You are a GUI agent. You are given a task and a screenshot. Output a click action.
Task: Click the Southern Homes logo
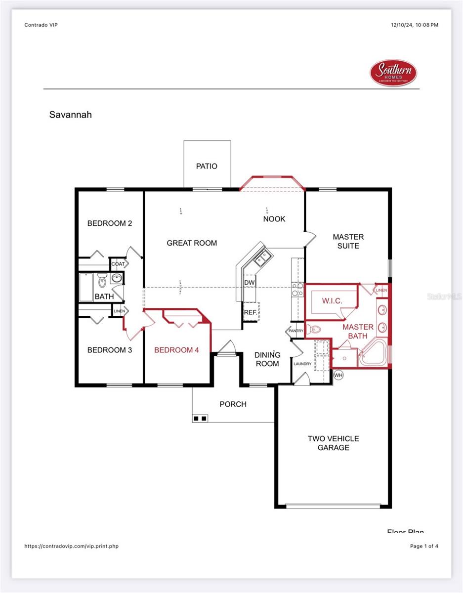point(393,73)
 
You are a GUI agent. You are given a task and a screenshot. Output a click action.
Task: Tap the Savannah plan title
point(71,115)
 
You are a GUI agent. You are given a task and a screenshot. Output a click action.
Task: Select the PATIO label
point(207,166)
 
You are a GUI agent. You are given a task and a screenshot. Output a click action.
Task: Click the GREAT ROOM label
point(192,243)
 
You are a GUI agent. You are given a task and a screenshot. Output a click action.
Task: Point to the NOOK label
point(274,219)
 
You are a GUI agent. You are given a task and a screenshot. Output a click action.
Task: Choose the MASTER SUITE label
point(348,241)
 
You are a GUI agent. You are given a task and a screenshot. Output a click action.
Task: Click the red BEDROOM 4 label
point(176,350)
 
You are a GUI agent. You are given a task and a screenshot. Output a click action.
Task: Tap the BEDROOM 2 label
point(110,223)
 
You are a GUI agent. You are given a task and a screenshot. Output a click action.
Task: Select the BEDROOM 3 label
point(110,350)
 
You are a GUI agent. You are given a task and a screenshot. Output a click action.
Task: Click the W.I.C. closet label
point(332,300)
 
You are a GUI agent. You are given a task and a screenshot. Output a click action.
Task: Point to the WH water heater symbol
point(338,375)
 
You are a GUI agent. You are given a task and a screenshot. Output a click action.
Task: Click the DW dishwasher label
point(250,282)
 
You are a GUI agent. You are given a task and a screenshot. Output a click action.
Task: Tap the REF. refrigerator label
point(250,312)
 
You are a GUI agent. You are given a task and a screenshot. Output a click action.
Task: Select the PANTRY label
point(296,331)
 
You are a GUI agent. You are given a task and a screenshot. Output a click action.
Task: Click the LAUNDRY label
point(302,364)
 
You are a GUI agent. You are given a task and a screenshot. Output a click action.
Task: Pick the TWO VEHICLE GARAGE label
point(333,443)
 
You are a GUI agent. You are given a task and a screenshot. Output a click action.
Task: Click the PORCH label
point(233,404)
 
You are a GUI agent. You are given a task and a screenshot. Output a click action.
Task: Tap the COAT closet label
point(118,264)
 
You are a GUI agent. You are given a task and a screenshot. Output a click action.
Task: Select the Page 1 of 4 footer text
point(424,546)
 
